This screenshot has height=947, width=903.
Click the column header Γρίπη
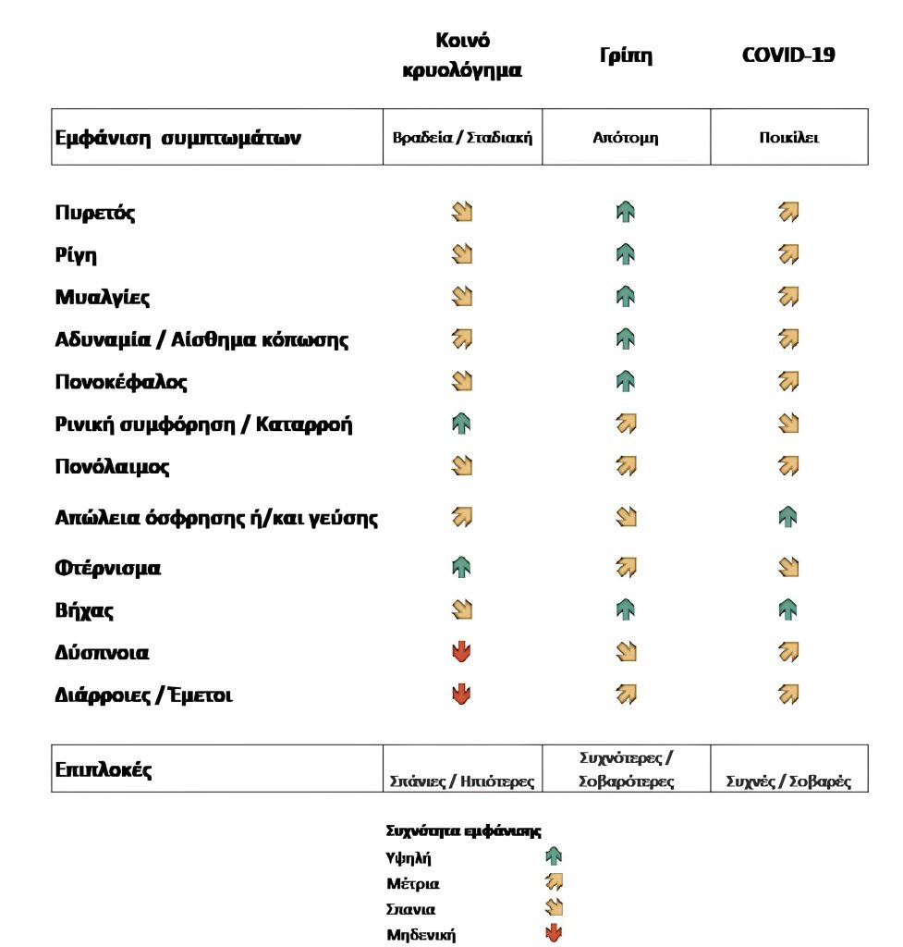[626, 55]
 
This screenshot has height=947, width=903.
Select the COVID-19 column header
[788, 55]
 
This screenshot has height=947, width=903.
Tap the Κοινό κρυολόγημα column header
[462, 55]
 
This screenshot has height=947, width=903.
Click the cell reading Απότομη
[626, 138]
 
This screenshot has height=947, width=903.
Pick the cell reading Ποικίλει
[788, 138]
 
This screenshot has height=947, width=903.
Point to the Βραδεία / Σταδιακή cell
[462, 138]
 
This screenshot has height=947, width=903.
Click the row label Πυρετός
[95, 214]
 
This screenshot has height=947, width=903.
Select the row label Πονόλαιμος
[112, 467]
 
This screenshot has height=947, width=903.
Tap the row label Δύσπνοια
[102, 653]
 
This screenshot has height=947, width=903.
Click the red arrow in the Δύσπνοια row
[462, 653]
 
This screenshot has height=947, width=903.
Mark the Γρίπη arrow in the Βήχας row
[626, 610]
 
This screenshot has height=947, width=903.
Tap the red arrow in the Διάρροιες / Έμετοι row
[462, 695]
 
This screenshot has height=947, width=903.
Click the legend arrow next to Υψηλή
[555, 857]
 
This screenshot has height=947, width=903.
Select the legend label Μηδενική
[421, 935]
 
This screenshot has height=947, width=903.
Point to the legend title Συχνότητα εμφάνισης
[463, 830]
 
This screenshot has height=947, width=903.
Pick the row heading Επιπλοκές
[104, 769]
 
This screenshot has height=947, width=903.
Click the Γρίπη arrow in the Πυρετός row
[626, 214]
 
